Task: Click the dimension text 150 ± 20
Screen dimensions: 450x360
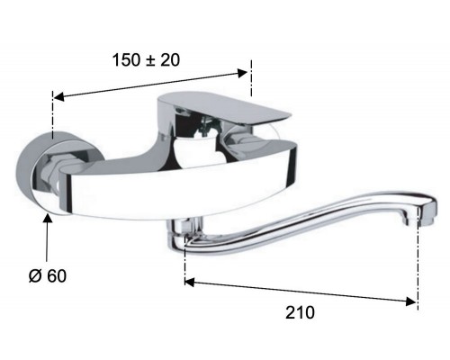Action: click(146, 59)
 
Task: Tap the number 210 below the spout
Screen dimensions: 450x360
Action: click(300, 312)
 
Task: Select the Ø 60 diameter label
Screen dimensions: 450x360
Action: click(48, 275)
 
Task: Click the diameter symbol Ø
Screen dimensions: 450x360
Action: click(35, 275)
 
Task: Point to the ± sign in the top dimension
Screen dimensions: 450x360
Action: click(150, 60)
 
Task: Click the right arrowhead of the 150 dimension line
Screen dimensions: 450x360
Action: click(242, 73)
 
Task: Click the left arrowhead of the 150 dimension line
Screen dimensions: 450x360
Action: click(58, 96)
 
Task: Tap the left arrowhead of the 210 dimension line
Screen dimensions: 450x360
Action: click(190, 282)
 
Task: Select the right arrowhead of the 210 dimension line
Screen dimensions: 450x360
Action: click(410, 301)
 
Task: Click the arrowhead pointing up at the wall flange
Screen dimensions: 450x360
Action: click(48, 217)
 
